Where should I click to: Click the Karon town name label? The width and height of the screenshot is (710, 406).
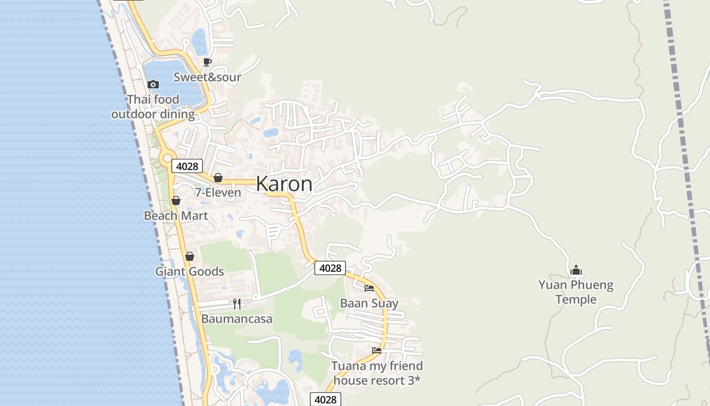click(284, 184)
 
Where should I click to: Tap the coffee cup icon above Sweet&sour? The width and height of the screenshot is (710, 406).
click(207, 62)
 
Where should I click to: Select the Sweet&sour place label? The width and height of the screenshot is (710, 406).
click(207, 77)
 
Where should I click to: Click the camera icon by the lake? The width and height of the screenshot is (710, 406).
click(153, 84)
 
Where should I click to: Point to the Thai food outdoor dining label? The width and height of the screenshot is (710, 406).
click(153, 107)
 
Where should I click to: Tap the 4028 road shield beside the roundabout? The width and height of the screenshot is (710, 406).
click(187, 166)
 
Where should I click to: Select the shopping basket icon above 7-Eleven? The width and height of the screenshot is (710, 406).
click(218, 178)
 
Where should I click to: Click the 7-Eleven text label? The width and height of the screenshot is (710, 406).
click(218, 193)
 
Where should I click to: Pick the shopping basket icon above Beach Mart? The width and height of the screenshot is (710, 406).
click(176, 200)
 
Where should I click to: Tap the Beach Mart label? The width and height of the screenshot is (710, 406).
click(176, 216)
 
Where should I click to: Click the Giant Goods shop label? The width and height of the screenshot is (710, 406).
click(189, 272)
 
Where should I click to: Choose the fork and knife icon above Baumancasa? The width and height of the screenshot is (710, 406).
click(237, 303)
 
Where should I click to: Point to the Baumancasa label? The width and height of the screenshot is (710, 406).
click(237, 319)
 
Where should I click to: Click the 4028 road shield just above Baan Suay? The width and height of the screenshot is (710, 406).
click(330, 268)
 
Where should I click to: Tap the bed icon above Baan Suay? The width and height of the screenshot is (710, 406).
click(369, 288)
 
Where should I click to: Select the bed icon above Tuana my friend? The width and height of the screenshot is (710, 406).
click(377, 350)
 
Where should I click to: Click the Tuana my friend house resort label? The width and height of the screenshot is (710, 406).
click(377, 373)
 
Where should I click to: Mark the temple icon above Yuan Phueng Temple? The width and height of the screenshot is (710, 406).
click(576, 270)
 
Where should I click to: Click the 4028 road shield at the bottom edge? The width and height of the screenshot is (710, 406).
click(325, 399)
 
